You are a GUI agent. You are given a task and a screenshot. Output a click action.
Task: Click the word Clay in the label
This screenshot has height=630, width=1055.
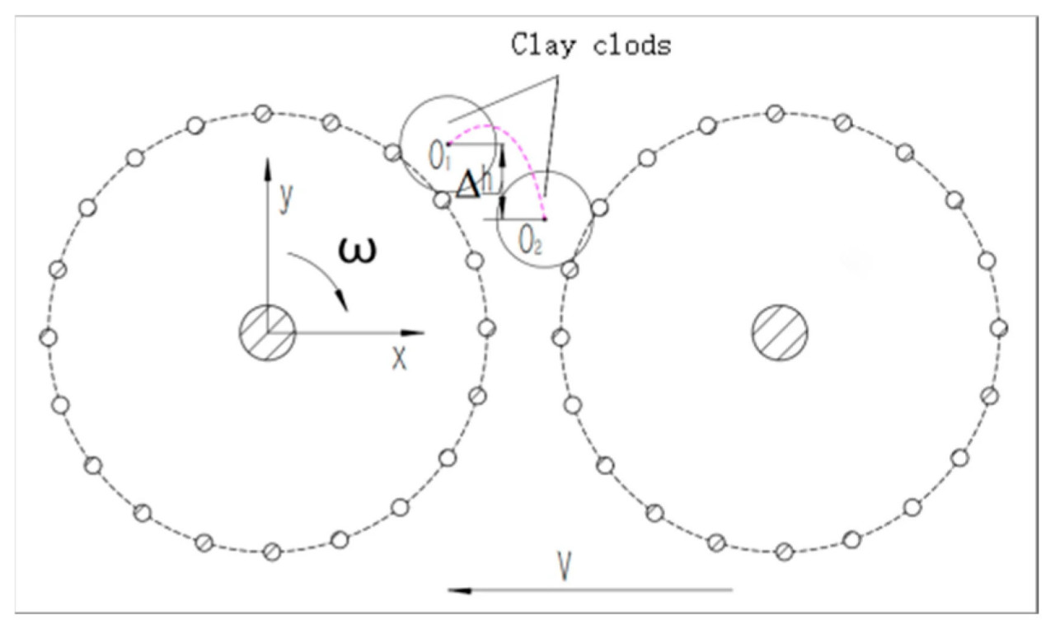click(x=543, y=45)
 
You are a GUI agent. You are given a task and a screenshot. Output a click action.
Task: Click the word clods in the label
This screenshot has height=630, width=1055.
click(x=631, y=45)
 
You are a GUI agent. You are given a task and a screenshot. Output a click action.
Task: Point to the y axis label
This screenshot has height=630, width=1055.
click(x=286, y=198)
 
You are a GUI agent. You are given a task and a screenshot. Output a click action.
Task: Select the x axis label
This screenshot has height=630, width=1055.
click(x=400, y=358)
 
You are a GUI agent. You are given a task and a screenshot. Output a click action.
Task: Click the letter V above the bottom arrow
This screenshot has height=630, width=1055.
click(x=564, y=566)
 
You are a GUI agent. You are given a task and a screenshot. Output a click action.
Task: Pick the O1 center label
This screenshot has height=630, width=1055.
click(x=439, y=156)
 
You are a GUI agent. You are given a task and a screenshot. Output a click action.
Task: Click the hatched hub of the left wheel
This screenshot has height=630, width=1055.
click(x=268, y=332)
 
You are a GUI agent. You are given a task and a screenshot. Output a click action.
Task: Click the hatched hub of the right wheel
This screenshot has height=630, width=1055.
click(x=780, y=332)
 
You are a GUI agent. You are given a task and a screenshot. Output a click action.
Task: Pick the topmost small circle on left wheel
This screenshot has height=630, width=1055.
click(x=263, y=114)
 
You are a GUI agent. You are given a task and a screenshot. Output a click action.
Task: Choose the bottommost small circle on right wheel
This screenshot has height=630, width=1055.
click(x=784, y=552)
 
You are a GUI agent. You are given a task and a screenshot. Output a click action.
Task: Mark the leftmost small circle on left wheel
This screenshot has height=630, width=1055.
click(x=49, y=337)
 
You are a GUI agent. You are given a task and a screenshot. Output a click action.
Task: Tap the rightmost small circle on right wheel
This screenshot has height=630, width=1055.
click(x=998, y=328)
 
